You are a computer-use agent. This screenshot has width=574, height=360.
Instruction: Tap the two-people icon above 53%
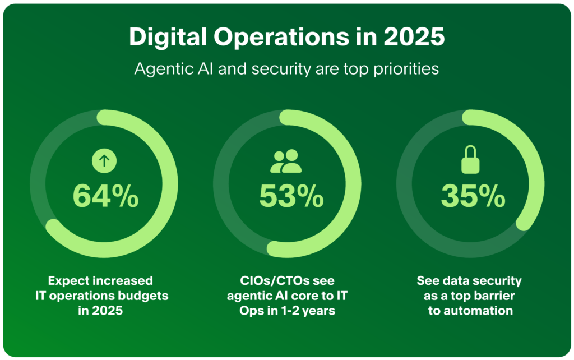(286, 161)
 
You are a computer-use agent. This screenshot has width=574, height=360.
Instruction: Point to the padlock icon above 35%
(471, 160)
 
